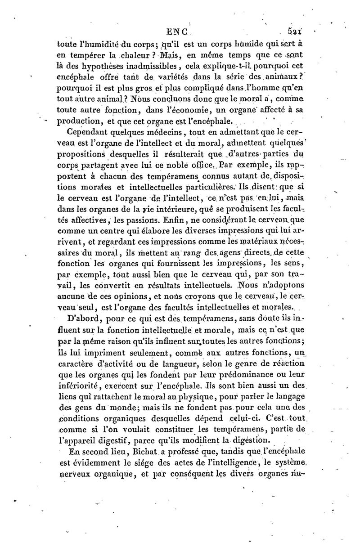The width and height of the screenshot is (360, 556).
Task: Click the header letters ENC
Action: [x=179, y=32]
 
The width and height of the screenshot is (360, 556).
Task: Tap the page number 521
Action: [x=294, y=32]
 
